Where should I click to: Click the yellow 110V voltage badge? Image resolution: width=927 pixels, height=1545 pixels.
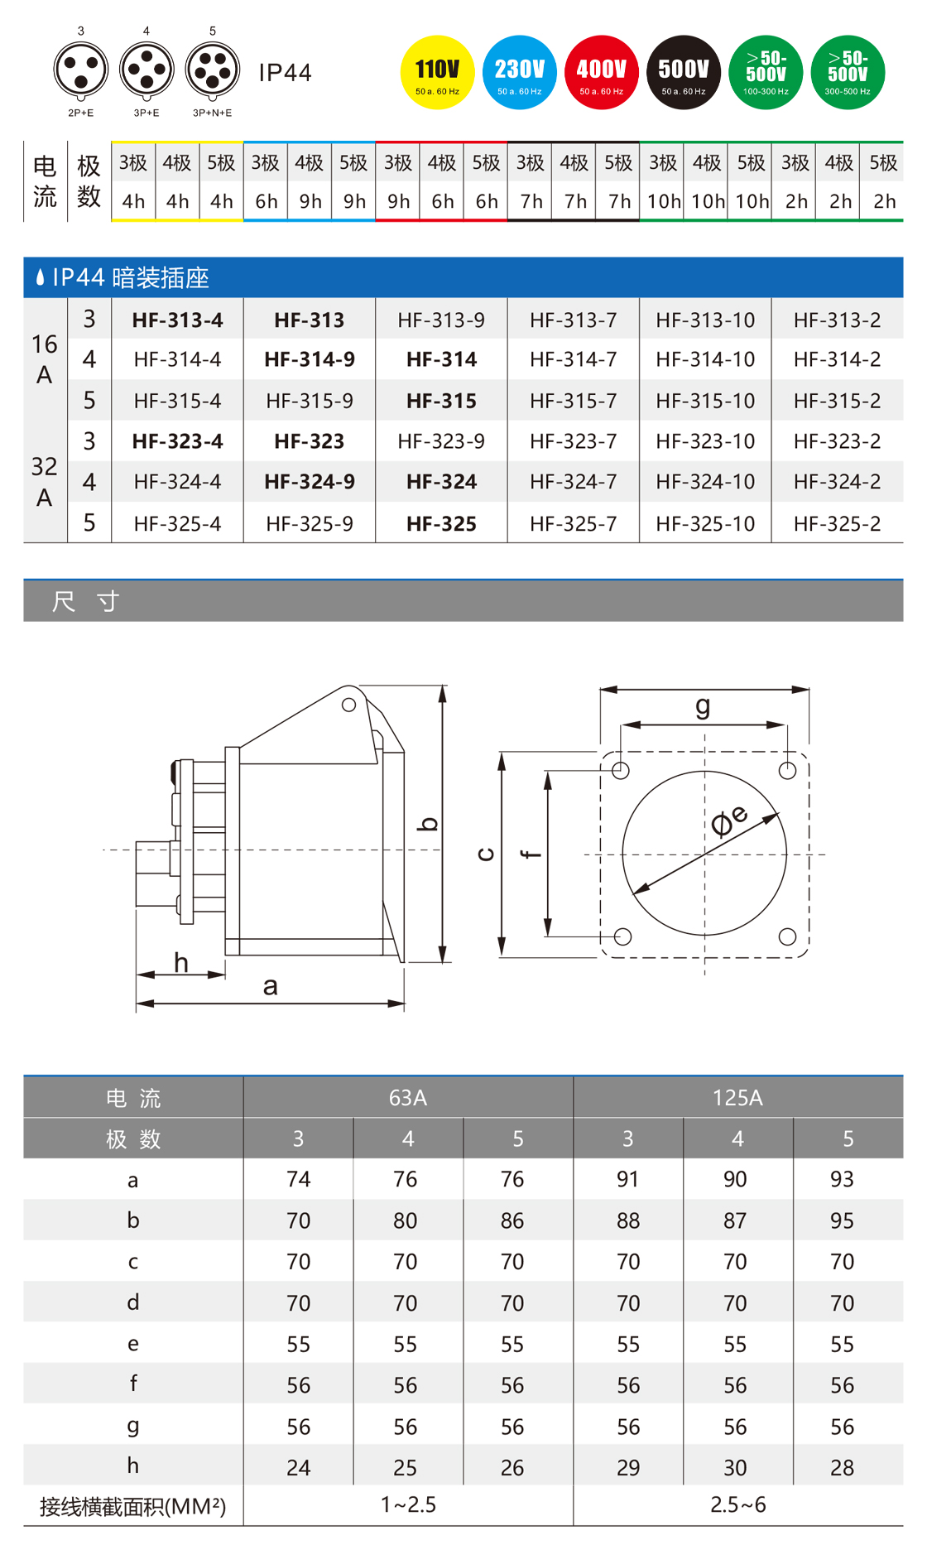tap(437, 73)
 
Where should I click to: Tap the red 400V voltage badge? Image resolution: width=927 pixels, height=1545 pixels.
tap(602, 73)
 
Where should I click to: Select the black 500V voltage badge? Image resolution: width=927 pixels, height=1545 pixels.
tap(684, 73)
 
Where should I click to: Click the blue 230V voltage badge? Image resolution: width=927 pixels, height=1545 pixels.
tap(520, 73)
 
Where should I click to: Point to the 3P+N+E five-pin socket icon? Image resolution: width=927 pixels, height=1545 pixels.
tap(213, 70)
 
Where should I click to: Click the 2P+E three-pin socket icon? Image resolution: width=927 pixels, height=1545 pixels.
tap(81, 70)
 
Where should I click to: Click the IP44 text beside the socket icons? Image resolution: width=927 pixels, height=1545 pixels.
tap(285, 73)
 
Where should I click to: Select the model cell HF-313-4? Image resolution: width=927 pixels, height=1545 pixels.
tap(177, 320)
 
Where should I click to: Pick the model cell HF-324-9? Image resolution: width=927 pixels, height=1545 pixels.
tap(310, 482)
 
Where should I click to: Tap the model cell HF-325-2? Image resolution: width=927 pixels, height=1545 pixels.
tap(837, 523)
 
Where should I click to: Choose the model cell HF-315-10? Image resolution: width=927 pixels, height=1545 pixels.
tap(705, 401)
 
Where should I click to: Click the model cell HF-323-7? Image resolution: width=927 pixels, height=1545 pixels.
tap(574, 441)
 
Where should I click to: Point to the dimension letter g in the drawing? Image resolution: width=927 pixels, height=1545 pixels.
tap(703, 706)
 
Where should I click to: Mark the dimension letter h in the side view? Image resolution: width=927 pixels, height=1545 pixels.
tap(181, 962)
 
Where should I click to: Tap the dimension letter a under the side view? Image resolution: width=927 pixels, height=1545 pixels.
tap(270, 986)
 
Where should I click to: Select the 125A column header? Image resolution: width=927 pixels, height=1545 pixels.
tap(737, 1098)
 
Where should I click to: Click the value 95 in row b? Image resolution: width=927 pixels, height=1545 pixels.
tap(842, 1220)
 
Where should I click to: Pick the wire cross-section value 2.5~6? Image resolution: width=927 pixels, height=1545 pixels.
tap(737, 1504)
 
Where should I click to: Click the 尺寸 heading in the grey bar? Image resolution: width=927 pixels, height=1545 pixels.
tap(86, 601)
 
